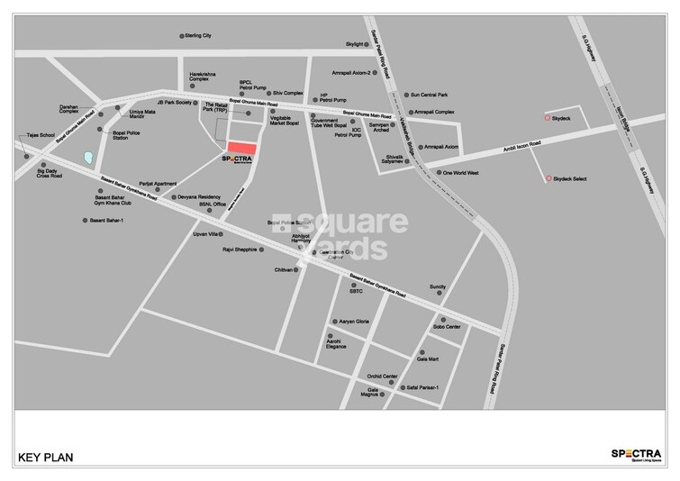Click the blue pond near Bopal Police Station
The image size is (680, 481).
pos(88,157)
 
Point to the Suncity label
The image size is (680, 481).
pos(438,286)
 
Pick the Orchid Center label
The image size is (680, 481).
pos(382,376)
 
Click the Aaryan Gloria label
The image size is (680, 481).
pos(354,321)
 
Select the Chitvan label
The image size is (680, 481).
pos(285,269)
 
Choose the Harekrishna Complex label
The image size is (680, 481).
pos(204,80)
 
